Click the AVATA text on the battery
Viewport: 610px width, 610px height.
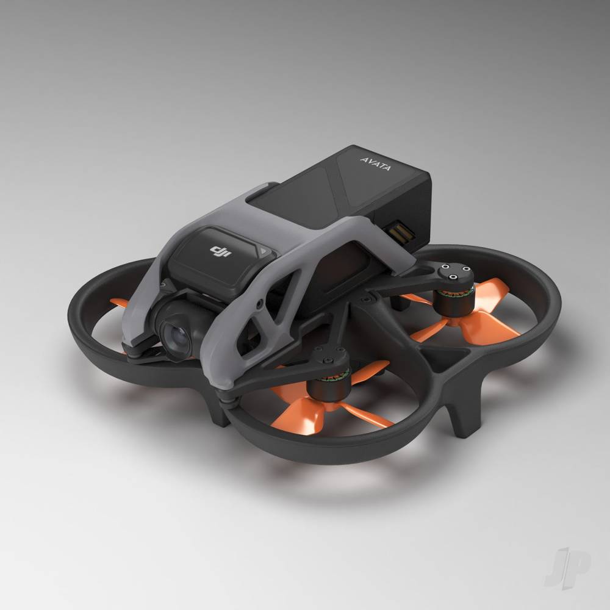(375, 163)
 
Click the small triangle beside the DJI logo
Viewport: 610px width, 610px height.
(264, 251)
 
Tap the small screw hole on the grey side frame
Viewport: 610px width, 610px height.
(259, 302)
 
